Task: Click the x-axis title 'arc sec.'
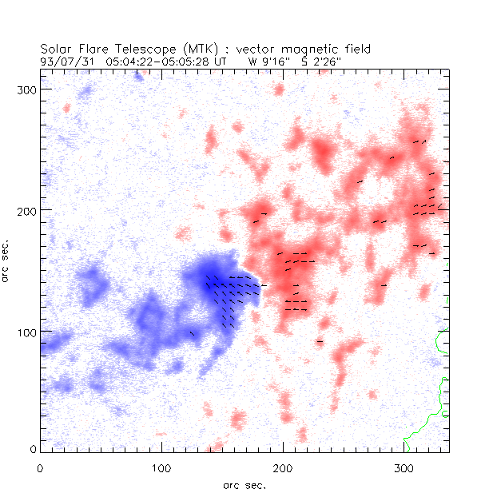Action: (x=244, y=484)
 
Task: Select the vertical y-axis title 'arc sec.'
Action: (x=8, y=260)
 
